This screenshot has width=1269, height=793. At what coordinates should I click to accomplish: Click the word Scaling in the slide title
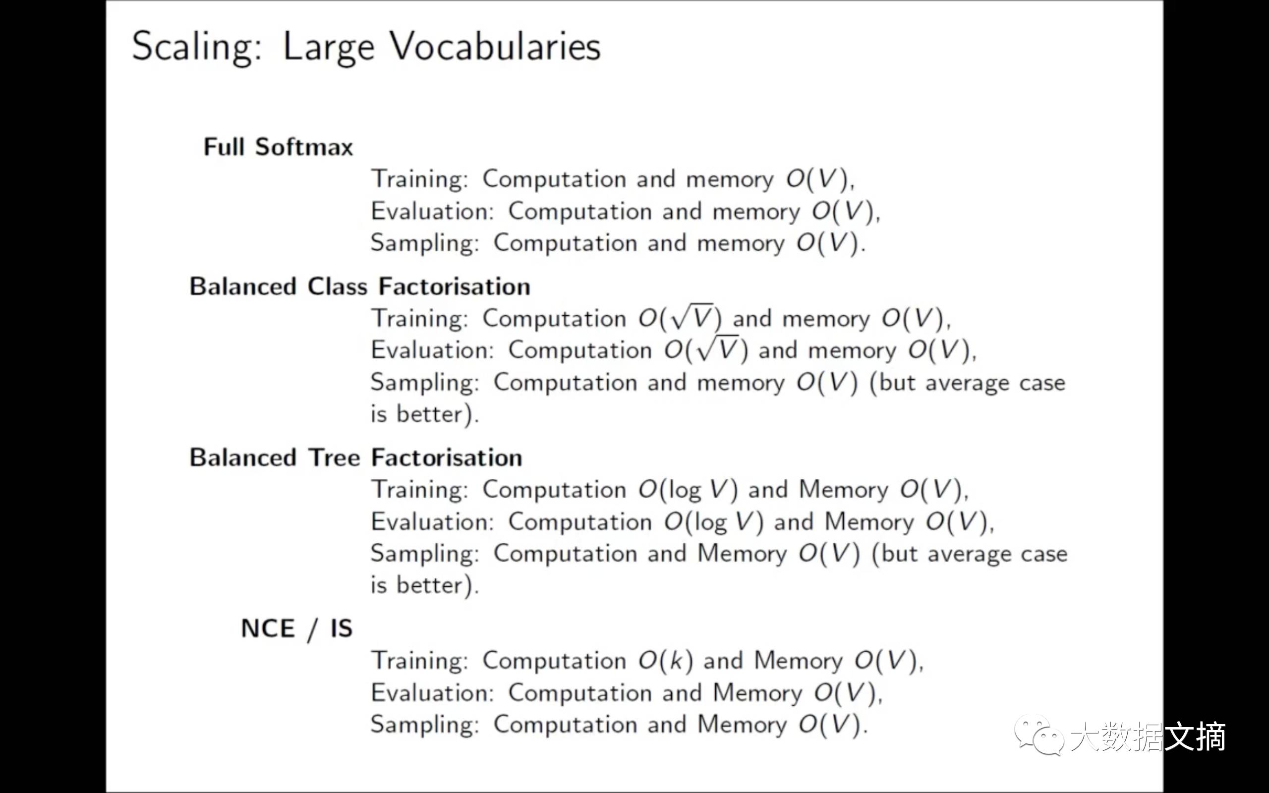[x=196, y=47]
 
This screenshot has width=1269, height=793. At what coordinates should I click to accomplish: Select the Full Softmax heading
[x=278, y=147]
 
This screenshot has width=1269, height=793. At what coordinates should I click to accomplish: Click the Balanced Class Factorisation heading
[x=360, y=287]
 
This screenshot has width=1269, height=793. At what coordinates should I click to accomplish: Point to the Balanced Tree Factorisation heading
[x=355, y=458]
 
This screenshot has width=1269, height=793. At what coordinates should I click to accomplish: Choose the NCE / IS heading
[x=296, y=629]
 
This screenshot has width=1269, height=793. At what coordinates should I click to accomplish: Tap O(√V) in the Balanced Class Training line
[x=680, y=318]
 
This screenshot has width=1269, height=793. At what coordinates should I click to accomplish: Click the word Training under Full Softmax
[x=419, y=179]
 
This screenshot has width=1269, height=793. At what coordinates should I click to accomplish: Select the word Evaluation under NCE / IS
[x=432, y=693]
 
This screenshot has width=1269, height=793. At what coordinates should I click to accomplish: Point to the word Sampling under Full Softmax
[x=424, y=243]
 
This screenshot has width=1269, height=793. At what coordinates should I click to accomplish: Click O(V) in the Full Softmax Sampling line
[x=827, y=243]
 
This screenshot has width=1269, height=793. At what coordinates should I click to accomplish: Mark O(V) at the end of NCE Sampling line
[x=830, y=725]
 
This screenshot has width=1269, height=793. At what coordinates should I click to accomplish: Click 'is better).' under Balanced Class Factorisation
[x=424, y=414]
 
